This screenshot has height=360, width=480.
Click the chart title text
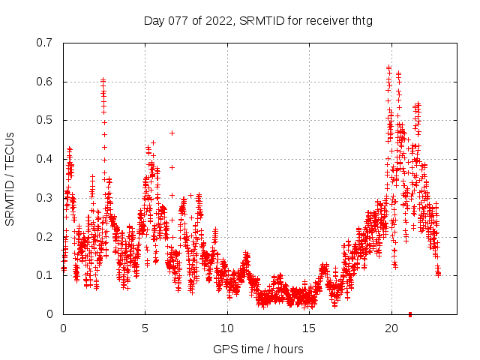[258, 20]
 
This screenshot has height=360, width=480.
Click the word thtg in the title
[360, 20]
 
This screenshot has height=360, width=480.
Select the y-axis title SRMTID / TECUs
[10, 178]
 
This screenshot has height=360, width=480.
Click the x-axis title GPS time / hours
[258, 349]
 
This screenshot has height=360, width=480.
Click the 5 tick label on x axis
[145, 328]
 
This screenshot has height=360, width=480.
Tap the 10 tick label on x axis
[226, 328]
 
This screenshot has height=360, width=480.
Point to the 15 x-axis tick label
[308, 328]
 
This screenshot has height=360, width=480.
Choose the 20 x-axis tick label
[390, 328]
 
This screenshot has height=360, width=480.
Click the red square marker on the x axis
[409, 314]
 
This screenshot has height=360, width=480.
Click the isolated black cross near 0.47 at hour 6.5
[172, 133]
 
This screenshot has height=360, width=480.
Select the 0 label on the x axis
[63, 328]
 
